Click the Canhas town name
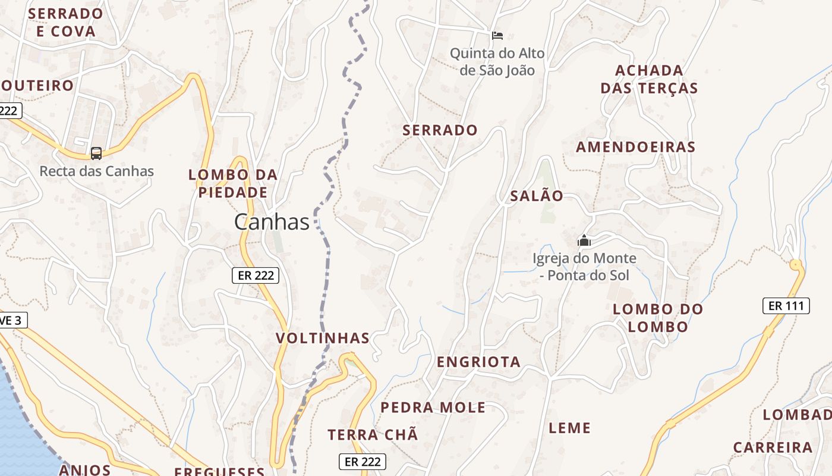[x=272, y=222]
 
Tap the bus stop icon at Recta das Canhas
[x=96, y=154]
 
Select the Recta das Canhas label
[x=96, y=171]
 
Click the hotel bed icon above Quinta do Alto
[x=497, y=36]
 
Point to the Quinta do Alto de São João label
[x=497, y=62]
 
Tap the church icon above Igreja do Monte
[x=584, y=241]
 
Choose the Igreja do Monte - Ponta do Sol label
[x=584, y=267]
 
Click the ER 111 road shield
[x=786, y=306]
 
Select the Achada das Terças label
[x=649, y=79]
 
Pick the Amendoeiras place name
[x=635, y=147]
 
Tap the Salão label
[x=537, y=196]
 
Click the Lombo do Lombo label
[x=658, y=318]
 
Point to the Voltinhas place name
[x=323, y=339]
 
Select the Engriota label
[x=478, y=362]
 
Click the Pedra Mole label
[x=433, y=408]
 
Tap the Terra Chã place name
[x=373, y=434]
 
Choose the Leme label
[x=569, y=428]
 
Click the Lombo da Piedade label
[x=233, y=183]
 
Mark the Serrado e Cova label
[x=65, y=22]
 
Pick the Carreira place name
[x=772, y=447]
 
